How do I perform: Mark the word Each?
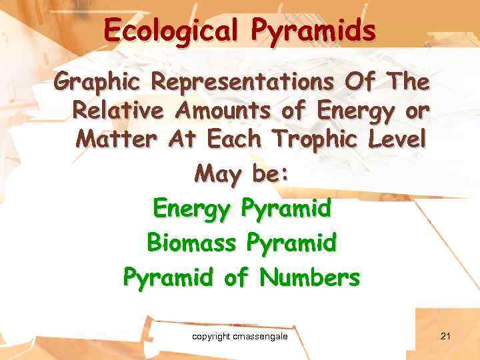[235, 139]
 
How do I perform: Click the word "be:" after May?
[269, 174]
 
